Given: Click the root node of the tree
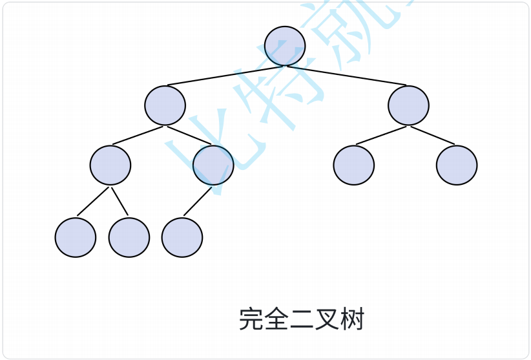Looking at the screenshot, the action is pyautogui.click(x=285, y=46).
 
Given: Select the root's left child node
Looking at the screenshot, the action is pyautogui.click(x=165, y=105).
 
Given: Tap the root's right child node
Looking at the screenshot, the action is pyautogui.click(x=408, y=105).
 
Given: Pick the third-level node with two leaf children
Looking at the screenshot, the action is pyautogui.click(x=110, y=165).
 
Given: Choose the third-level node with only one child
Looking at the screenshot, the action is pyautogui.click(x=213, y=165).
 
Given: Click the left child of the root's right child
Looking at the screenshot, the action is pyautogui.click(x=354, y=165).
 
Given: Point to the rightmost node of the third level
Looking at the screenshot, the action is pyautogui.click(x=457, y=165).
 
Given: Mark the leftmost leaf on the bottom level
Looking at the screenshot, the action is pyautogui.click(x=76, y=237).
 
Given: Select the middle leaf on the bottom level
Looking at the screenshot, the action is pyautogui.click(x=129, y=237).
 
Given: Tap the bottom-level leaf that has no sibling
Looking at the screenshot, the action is pyautogui.click(x=182, y=237).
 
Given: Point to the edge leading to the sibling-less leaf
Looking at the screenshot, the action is pyautogui.click(x=198, y=201).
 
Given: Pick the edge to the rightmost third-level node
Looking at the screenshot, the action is pyautogui.click(x=433, y=135).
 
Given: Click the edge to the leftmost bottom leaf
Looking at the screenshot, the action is pyautogui.click(x=94, y=201).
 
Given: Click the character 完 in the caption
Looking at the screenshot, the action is pyautogui.click(x=251, y=319).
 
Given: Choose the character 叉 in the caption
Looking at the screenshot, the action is pyautogui.click(x=326, y=319).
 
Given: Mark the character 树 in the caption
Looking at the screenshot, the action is pyautogui.click(x=352, y=319).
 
